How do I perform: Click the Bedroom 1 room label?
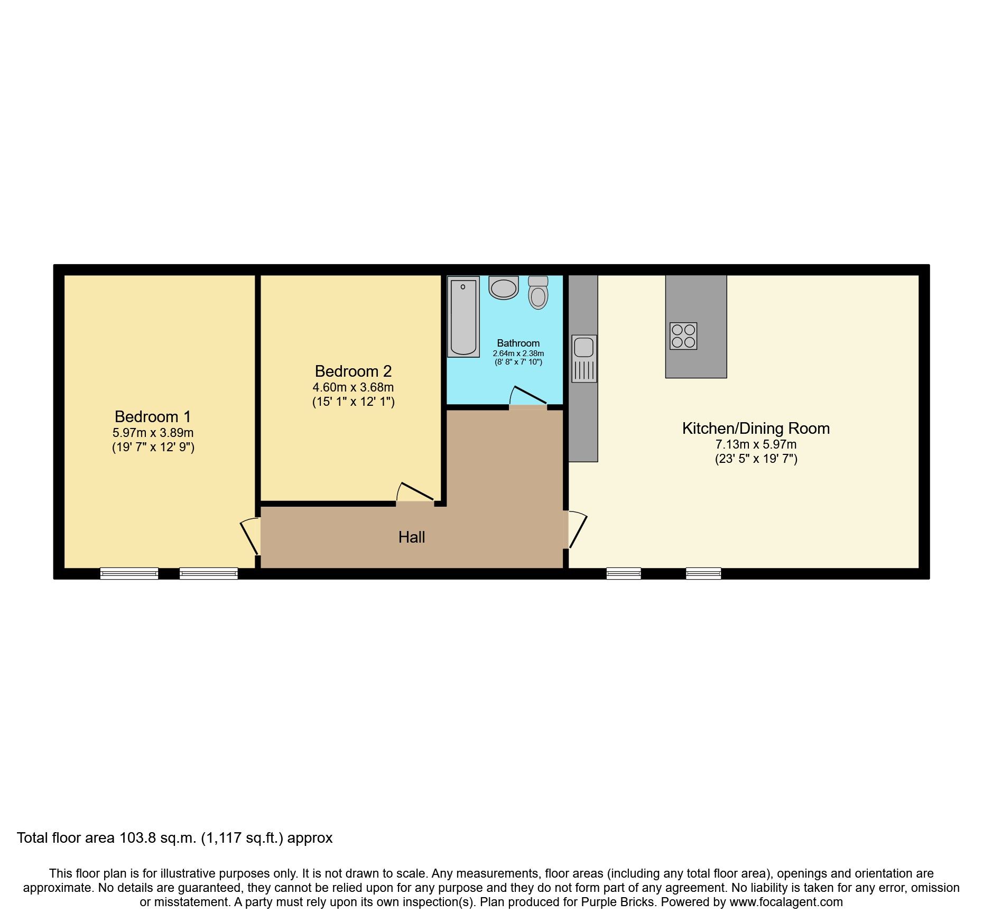point(153,417)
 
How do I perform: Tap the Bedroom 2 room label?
point(353,371)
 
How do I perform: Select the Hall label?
point(412,537)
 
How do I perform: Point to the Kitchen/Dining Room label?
point(756,429)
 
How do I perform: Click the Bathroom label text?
point(518,343)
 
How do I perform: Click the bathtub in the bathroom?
point(463,316)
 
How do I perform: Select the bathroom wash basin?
point(503,288)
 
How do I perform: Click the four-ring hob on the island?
point(683,336)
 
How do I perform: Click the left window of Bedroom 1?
point(129,573)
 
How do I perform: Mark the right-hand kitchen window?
point(703,573)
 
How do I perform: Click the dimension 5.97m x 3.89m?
point(153,433)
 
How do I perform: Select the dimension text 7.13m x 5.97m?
point(756,444)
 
